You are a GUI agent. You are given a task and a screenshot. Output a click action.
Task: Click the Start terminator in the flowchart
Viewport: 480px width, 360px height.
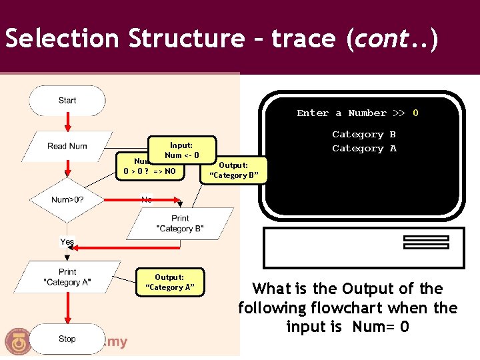click(67, 101)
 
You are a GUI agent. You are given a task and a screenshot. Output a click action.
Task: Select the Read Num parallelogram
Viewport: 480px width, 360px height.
click(67, 146)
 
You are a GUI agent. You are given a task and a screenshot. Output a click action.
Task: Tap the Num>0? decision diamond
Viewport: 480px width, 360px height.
click(67, 199)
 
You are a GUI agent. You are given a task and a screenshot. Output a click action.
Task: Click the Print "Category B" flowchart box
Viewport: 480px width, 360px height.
click(180, 223)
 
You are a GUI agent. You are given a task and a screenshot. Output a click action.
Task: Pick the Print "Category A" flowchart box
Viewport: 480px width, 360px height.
click(67, 277)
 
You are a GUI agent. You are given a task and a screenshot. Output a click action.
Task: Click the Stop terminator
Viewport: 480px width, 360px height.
click(67, 339)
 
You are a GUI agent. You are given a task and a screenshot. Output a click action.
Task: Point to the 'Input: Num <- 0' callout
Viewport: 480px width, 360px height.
click(181, 150)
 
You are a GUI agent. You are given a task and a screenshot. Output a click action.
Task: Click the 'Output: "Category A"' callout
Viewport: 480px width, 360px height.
click(169, 282)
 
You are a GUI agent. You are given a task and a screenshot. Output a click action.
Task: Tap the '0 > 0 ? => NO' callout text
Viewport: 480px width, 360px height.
click(149, 171)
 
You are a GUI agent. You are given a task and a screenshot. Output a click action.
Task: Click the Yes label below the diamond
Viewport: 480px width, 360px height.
click(67, 241)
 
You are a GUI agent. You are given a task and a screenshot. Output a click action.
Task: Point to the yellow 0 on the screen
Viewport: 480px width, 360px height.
click(415, 113)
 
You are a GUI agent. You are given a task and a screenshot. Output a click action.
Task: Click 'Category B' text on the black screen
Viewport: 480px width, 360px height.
click(364, 134)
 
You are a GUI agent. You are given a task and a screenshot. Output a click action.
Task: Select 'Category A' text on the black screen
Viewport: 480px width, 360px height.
click(364, 148)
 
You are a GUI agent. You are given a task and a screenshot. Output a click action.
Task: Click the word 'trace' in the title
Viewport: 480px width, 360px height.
click(304, 39)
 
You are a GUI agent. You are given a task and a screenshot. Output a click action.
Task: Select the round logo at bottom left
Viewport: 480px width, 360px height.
click(18, 341)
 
